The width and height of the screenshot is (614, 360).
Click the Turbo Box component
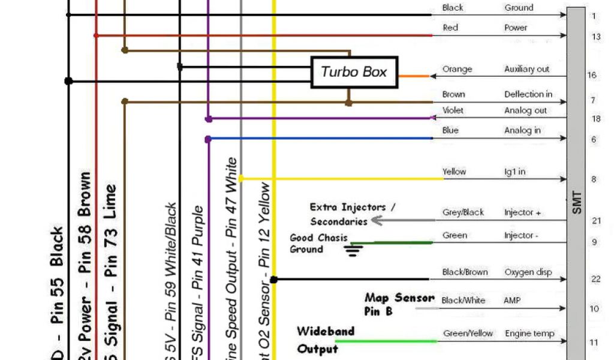354,73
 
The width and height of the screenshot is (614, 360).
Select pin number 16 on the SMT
592,76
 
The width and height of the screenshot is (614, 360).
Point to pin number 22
595,279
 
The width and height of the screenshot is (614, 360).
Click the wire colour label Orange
457,69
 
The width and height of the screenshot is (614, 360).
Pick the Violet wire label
453,110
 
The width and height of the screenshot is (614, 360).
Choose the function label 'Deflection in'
528,94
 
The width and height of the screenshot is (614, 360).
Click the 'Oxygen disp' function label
528,272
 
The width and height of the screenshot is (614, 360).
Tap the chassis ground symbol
354,250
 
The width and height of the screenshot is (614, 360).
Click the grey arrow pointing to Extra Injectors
378,221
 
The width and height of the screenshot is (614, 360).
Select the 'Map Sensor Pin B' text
398,304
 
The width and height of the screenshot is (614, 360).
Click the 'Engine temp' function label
529,333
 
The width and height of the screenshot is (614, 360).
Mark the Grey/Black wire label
463,212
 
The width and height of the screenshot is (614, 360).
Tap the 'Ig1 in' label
514,172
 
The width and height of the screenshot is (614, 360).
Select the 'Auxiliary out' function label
526,69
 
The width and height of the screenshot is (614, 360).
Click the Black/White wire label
463,300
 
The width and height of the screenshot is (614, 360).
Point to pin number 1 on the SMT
594,16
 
